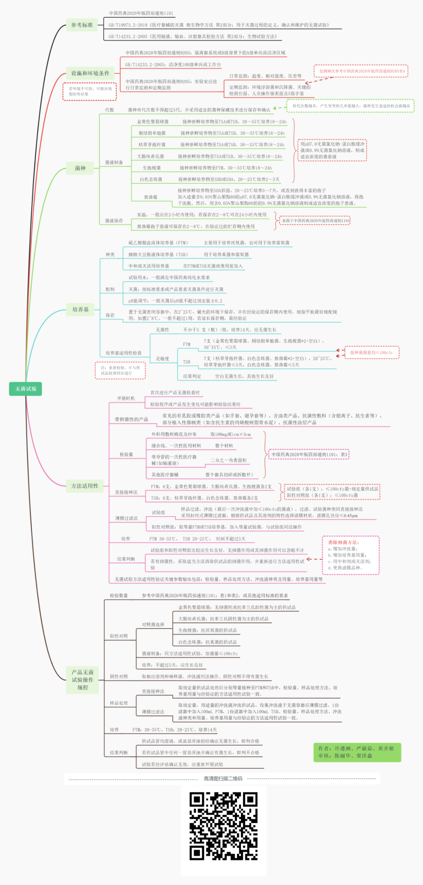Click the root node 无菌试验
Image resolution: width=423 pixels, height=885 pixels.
[x=25, y=389]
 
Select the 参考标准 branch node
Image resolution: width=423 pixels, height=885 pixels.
[x=82, y=25]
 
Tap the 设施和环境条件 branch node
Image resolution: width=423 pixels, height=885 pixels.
[x=90, y=73]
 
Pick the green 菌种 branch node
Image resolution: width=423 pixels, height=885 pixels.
[x=80, y=168]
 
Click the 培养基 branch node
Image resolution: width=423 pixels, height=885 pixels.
[x=81, y=310]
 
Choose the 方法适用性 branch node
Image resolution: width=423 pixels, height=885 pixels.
[x=85, y=486]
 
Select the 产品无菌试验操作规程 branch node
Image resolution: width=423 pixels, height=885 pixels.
[x=83, y=680]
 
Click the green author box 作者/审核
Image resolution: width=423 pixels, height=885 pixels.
[x=357, y=752]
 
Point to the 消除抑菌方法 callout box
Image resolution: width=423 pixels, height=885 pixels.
[x=351, y=555]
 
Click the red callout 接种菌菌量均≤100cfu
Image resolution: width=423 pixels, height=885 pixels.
[x=371, y=352]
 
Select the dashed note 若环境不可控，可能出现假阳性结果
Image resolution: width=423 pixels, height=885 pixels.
[x=90, y=91]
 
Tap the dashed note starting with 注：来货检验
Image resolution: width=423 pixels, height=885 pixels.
[x=120, y=370]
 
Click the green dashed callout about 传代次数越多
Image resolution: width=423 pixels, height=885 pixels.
[x=351, y=106]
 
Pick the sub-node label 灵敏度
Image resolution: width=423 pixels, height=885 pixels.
[x=163, y=359]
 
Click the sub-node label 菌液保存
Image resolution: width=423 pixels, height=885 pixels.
[x=114, y=221]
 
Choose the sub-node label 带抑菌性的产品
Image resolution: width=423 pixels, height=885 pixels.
[x=131, y=419]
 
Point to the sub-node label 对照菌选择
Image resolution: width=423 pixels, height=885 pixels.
[x=153, y=625]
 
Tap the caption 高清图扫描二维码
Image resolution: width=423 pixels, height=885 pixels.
[x=223, y=779]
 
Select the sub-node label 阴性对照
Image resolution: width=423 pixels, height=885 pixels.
[x=119, y=677]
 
